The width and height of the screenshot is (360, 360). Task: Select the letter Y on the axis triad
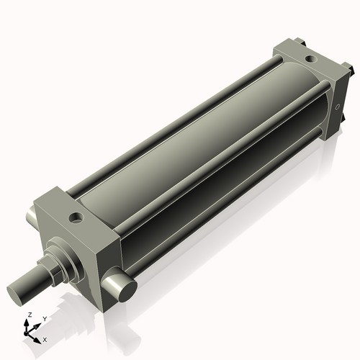click(x=44, y=319)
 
